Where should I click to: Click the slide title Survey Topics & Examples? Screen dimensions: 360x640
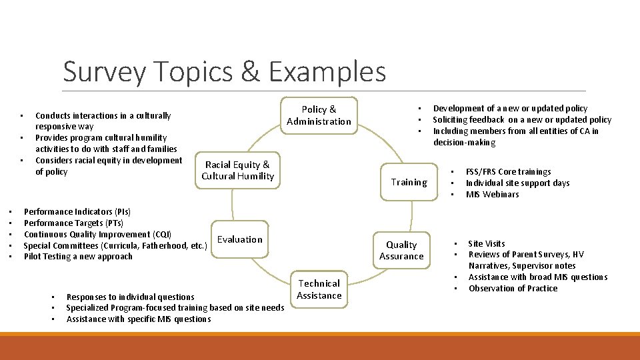(x=224, y=71)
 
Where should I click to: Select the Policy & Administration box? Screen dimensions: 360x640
(x=319, y=115)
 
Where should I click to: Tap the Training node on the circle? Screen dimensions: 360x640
(x=409, y=182)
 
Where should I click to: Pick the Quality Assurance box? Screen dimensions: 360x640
(x=401, y=251)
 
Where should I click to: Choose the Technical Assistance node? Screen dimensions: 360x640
(x=319, y=289)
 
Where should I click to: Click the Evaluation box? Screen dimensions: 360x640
(x=239, y=239)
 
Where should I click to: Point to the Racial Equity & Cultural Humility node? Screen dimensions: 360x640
(x=237, y=170)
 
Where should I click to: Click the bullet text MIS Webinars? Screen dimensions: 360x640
(x=492, y=195)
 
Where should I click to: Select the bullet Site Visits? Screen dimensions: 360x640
(x=486, y=244)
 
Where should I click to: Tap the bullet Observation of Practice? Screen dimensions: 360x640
(x=513, y=289)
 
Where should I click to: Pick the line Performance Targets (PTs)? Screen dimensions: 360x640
(x=73, y=223)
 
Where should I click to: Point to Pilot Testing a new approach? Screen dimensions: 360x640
(x=78, y=257)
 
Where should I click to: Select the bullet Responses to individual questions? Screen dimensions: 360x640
(x=130, y=297)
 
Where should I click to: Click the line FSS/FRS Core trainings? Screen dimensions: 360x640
(x=508, y=172)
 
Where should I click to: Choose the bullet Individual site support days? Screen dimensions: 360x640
(x=517, y=183)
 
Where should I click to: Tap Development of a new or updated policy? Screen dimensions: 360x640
(x=510, y=109)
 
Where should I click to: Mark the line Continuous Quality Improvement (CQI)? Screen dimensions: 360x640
(x=97, y=235)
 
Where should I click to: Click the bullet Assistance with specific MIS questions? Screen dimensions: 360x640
(x=138, y=319)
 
